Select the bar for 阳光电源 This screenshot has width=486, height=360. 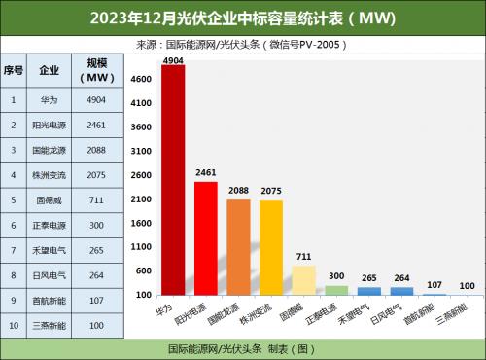coord(206,238)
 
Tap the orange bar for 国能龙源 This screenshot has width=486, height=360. coord(239,247)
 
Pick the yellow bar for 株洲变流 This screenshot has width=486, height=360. coord(271,247)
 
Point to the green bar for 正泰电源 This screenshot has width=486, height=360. coord(336,290)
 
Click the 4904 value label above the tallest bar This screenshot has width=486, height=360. coord(173,59)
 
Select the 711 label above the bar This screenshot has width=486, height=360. coord(304,258)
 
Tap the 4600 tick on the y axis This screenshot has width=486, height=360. coord(142,79)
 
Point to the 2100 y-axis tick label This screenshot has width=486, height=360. coord(142,198)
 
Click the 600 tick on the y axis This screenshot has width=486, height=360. coord(142,270)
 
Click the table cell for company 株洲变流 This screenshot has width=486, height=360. coord(49,174)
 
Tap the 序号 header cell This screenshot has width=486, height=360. coord(13,71)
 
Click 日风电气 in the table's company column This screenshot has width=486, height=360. coord(49,275)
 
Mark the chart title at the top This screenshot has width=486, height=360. coord(243,18)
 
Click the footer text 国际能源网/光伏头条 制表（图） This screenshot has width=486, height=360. coord(243,347)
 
